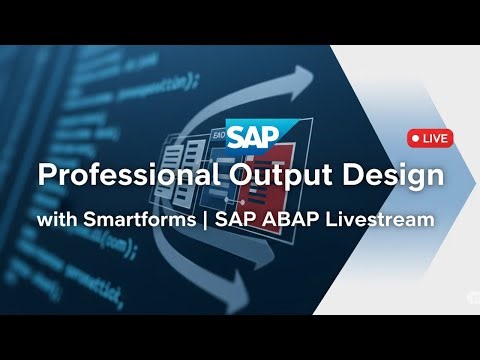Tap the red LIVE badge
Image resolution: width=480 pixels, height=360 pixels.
pyautogui.click(x=429, y=138)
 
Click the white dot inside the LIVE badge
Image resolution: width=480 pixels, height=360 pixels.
pyautogui.click(x=414, y=138)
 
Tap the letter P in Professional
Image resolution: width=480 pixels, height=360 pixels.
pyautogui.click(x=45, y=176)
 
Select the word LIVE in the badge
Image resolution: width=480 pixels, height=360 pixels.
pyautogui.click(x=435, y=138)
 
